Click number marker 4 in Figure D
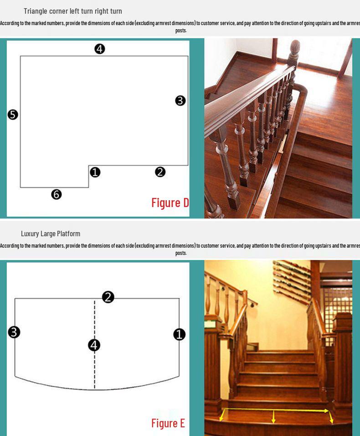(x=99, y=49)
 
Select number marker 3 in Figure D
(x=180, y=101)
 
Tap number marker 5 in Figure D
(x=13, y=115)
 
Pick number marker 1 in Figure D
(x=95, y=172)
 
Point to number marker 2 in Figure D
(x=160, y=172)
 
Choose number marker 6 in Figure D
(x=56, y=195)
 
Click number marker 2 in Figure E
(x=108, y=297)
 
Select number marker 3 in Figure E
(x=14, y=332)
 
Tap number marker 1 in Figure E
(x=180, y=335)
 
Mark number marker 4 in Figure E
(x=94, y=345)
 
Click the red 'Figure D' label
(x=170, y=202)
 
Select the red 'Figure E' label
(x=168, y=423)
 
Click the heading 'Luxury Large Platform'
(x=51, y=234)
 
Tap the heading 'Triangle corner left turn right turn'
(x=73, y=11)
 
